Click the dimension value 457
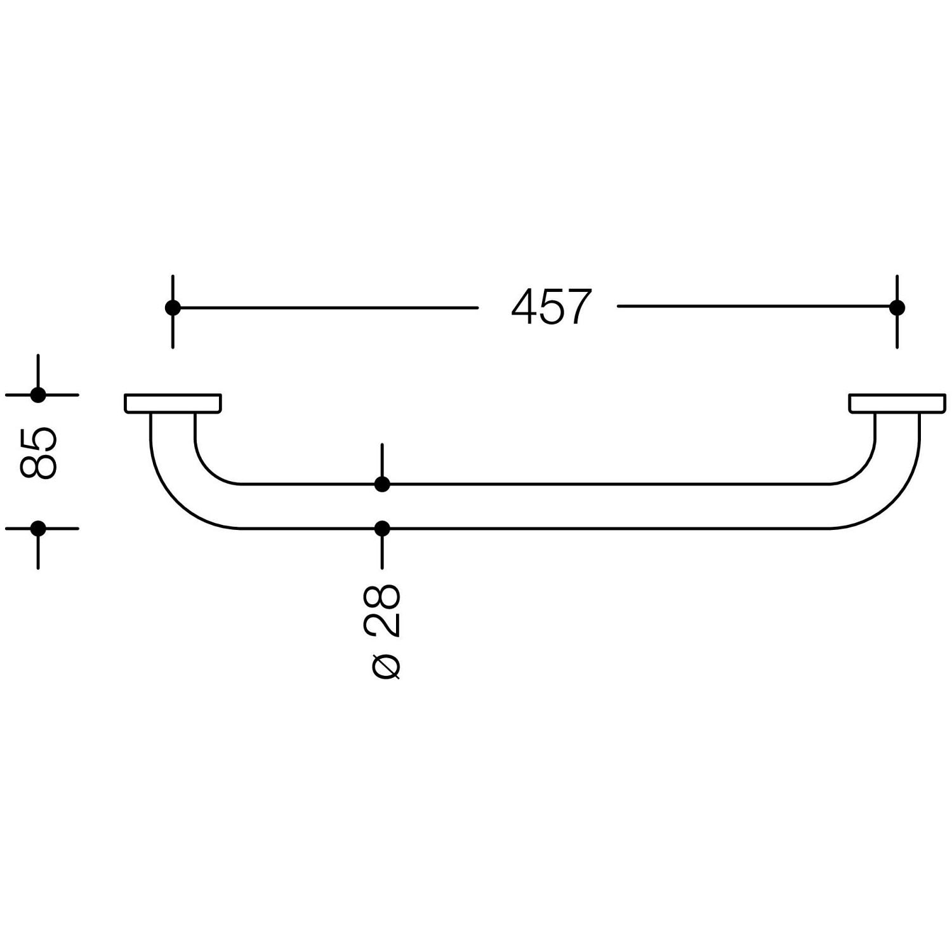pos(551,307)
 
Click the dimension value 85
pos(39,452)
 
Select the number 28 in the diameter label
pos(382,610)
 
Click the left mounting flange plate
pos(173,404)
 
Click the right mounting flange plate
pos(897,404)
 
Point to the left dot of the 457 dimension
pos(173,308)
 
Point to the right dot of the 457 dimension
pos(897,308)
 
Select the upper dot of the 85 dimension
pos(38,395)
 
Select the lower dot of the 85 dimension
pos(38,528)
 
